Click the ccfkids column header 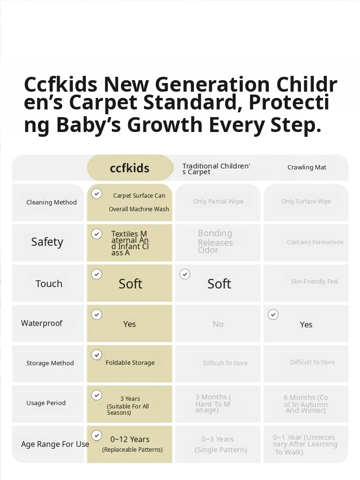(x=130, y=168)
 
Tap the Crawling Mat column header (x=307, y=168)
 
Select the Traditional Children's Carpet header (x=216, y=168)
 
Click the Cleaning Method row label (x=51, y=203)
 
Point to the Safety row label (x=47, y=242)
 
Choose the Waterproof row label (x=42, y=323)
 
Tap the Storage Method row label (x=50, y=363)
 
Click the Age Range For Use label (x=55, y=444)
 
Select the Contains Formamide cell (x=315, y=242)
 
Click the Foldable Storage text (x=130, y=363)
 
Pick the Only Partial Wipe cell (x=218, y=202)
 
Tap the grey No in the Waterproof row (x=218, y=324)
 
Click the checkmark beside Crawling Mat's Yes (x=273, y=314)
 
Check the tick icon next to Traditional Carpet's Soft (x=185, y=274)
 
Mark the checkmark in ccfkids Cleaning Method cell (x=97, y=193)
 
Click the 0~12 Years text (x=130, y=439)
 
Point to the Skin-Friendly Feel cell (x=314, y=282)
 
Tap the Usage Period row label (x=46, y=403)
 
